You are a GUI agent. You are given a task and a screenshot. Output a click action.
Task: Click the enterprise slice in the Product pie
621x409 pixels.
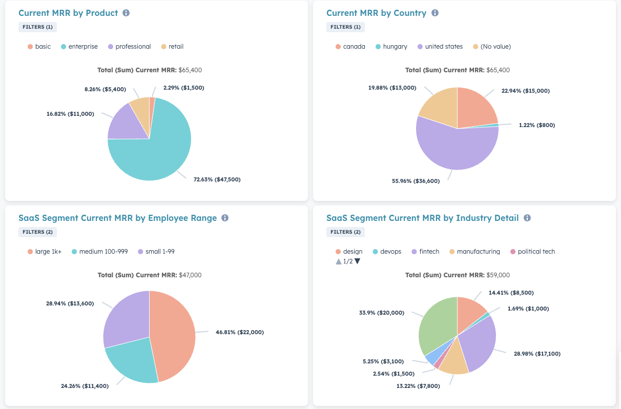coord(154,154)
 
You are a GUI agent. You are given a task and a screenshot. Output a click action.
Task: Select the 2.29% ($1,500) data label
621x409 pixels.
coord(183,88)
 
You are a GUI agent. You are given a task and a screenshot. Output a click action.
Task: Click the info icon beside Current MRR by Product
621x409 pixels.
coord(126,13)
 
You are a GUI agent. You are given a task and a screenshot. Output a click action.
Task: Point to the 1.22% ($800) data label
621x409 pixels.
coord(536,125)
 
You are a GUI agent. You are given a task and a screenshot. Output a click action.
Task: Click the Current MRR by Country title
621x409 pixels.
coord(376,13)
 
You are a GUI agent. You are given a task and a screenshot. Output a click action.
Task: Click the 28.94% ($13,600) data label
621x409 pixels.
coord(70,303)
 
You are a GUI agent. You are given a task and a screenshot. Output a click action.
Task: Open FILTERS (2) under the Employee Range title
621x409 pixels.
coord(37,232)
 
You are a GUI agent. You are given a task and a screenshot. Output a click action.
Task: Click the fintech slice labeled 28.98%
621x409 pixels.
coord(479,343)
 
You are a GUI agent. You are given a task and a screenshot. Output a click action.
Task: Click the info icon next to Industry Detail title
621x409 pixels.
coord(527,218)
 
